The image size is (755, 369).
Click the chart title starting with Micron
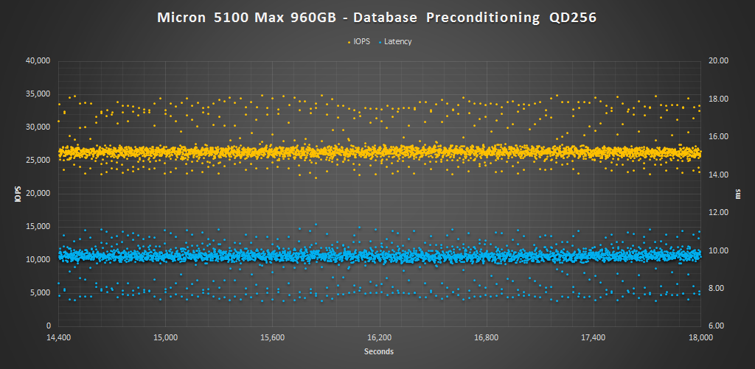377,17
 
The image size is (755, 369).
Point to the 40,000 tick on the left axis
37,60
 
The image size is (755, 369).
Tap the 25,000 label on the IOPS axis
37,160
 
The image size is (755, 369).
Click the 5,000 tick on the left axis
40,292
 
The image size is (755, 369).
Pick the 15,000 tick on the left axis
37,226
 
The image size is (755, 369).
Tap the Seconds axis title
378,351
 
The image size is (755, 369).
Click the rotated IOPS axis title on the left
17,193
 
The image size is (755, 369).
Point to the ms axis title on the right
738,193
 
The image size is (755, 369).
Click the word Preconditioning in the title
473,17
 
